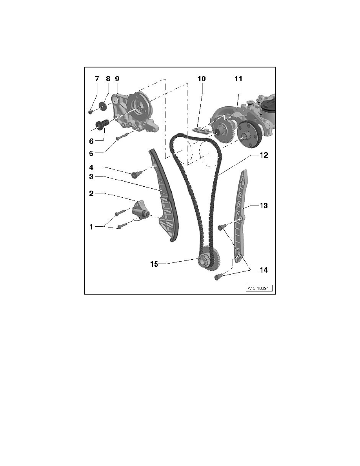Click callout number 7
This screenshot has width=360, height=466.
point(97,79)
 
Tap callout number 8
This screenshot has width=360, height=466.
point(108,79)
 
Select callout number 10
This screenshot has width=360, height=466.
point(201,79)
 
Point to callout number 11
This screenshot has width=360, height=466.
point(238,79)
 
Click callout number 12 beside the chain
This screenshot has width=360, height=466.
point(264,155)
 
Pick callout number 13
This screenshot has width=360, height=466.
point(264,206)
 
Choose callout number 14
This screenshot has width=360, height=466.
point(264,270)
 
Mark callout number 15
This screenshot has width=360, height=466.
point(154,264)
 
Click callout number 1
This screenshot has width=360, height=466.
point(91,227)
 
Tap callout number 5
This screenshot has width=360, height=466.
point(91,153)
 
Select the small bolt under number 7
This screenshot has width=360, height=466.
point(91,112)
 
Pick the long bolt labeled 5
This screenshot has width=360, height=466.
point(122,137)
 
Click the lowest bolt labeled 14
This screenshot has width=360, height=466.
point(218,277)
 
